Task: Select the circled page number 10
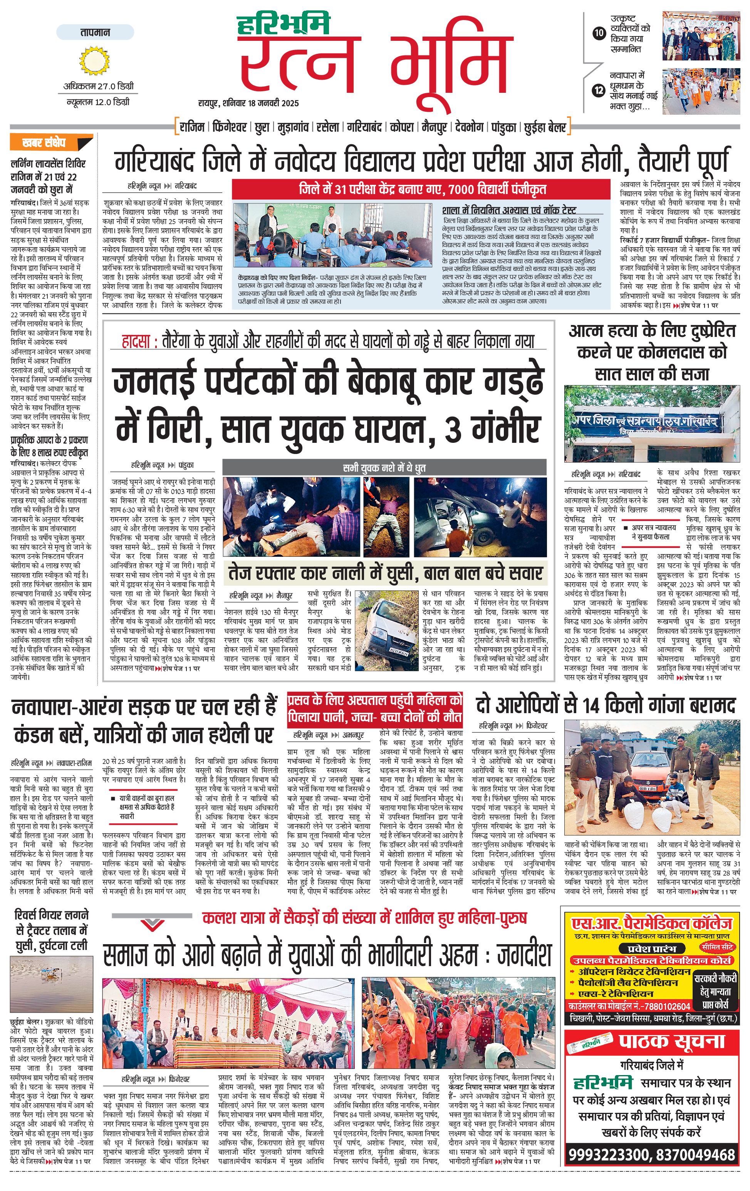[x=599, y=34]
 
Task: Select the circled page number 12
[x=599, y=90]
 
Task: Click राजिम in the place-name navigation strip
[x=191, y=127]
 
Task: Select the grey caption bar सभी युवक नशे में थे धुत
[x=384, y=467]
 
